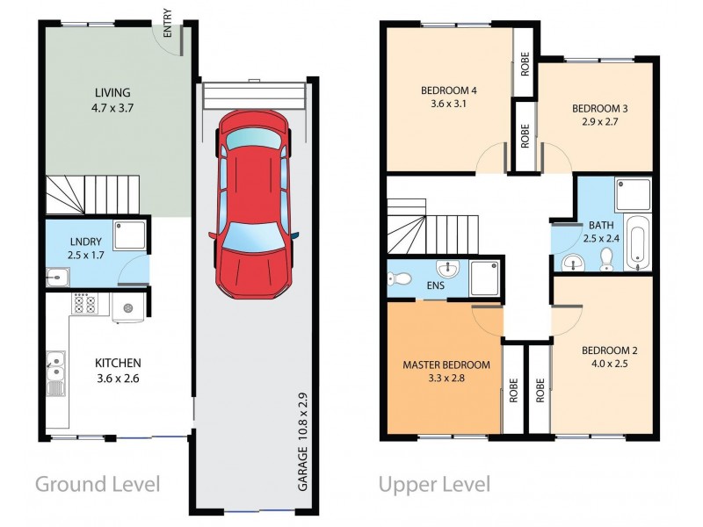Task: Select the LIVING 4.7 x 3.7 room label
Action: (112, 100)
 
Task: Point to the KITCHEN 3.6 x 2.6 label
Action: (119, 370)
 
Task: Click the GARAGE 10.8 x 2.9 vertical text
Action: (301, 439)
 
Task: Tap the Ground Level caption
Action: (98, 483)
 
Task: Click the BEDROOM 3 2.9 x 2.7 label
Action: (599, 116)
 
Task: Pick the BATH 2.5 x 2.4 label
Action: (590, 231)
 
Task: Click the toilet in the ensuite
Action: (400, 279)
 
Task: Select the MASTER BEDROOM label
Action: (446, 372)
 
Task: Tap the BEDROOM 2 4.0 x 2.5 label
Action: (609, 357)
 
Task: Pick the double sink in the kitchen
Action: (55, 368)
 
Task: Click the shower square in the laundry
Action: (134, 235)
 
